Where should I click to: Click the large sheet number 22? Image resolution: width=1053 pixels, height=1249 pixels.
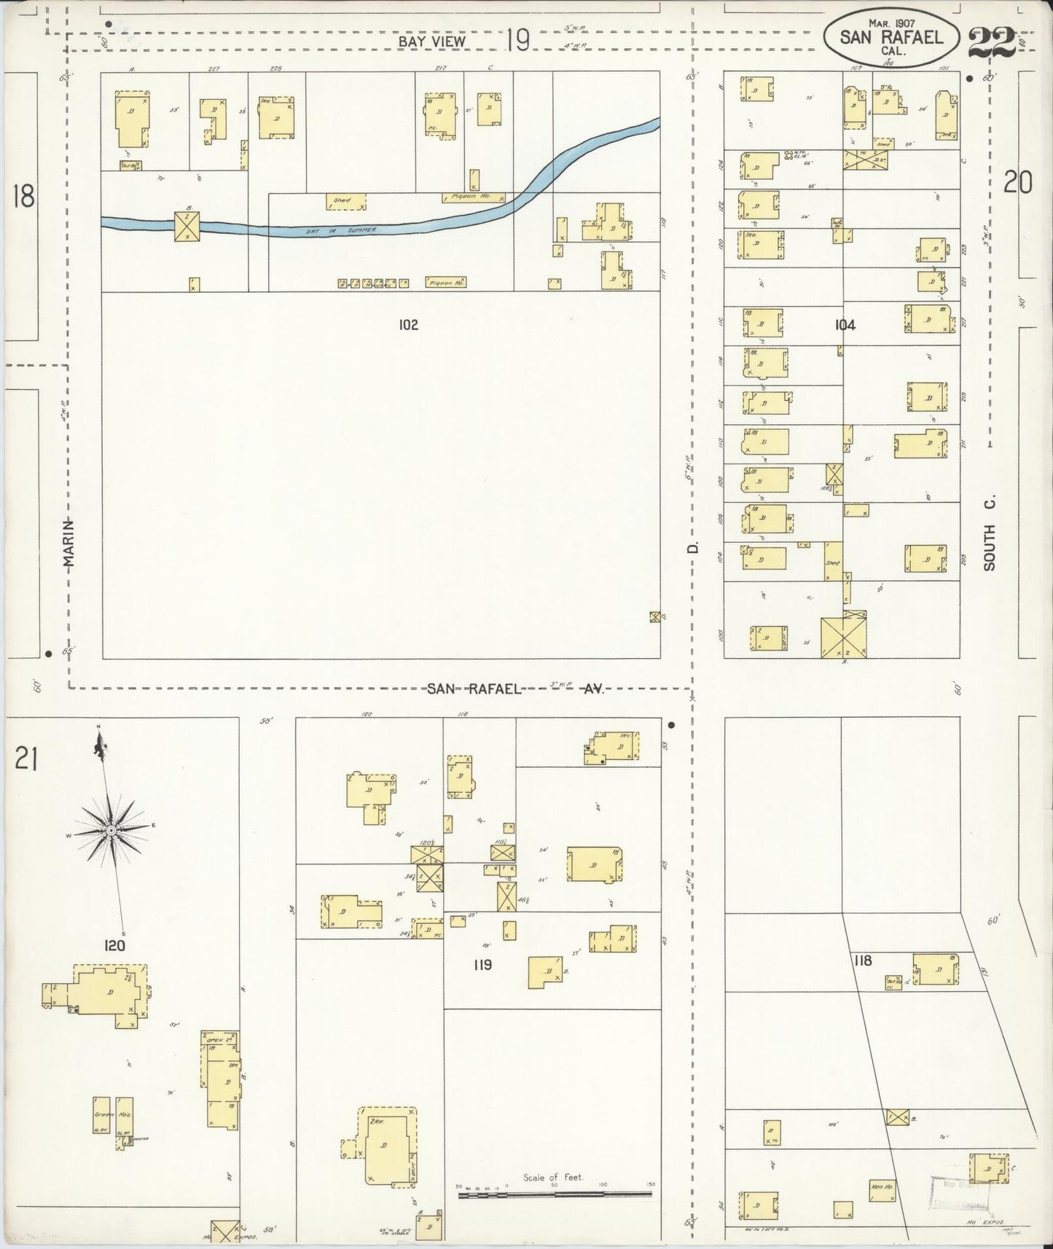click(x=992, y=42)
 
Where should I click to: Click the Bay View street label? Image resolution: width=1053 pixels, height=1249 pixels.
click(x=431, y=42)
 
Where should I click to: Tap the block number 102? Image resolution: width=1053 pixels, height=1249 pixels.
click(x=408, y=325)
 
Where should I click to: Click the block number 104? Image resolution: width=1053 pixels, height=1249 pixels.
click(x=845, y=325)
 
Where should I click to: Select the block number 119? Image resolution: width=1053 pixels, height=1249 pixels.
click(x=482, y=965)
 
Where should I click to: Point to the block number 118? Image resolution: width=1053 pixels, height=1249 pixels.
click(x=863, y=960)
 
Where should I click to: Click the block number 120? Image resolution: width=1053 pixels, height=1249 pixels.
click(x=114, y=946)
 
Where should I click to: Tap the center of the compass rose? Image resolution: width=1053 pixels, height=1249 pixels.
click(x=110, y=831)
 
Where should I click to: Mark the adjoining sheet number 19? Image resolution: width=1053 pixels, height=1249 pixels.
click(x=517, y=40)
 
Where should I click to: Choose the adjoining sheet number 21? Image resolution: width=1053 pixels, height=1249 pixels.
click(x=25, y=760)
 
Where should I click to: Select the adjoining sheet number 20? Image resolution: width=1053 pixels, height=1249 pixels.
click(x=1017, y=182)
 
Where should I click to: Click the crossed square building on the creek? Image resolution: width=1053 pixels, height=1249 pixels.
click(x=187, y=226)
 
